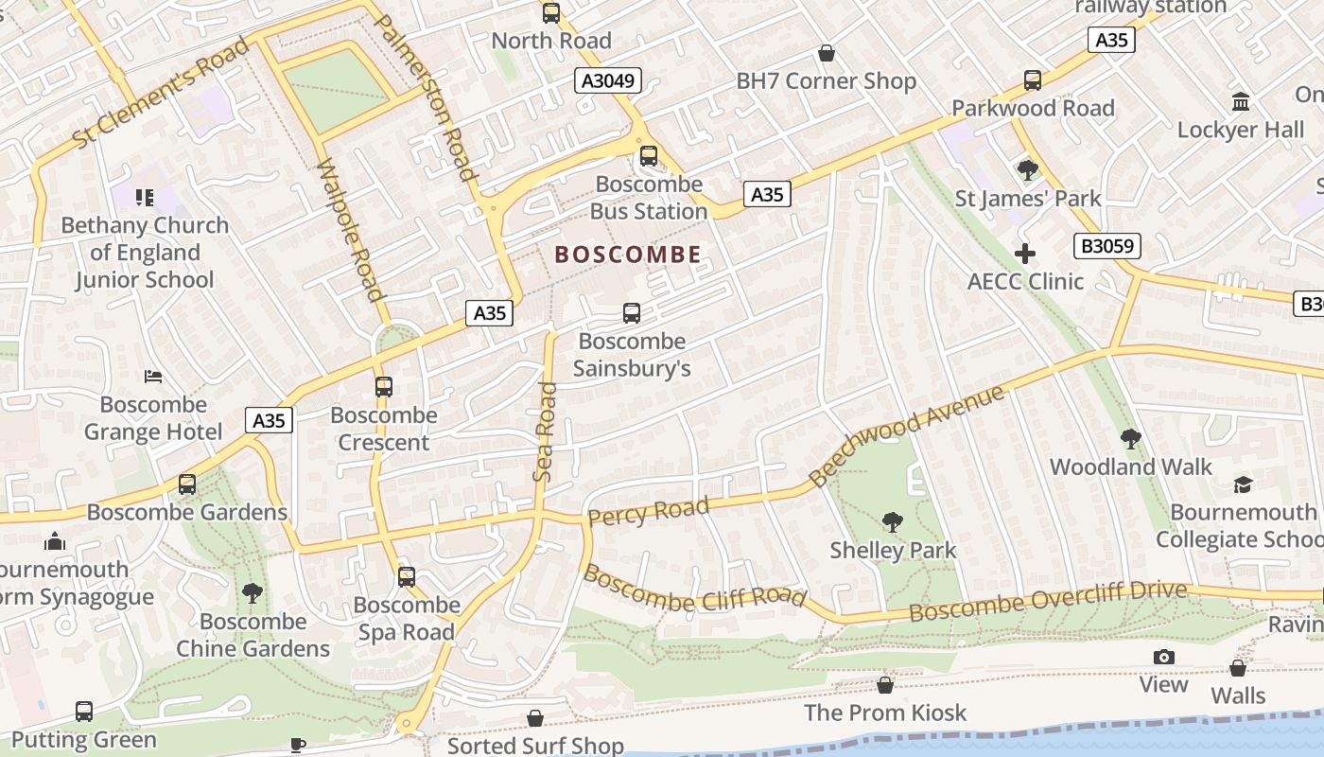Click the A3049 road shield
pos(608,81)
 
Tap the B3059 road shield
pos(1107,247)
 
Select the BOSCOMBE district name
pos(628,255)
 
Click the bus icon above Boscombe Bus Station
pos(648,155)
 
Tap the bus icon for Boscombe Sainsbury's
pos(632,312)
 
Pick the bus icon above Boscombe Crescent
pos(383,386)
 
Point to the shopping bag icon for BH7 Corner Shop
pos(826,53)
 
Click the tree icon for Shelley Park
pos(892,521)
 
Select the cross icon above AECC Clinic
pos(1025,253)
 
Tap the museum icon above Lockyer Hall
pos(1240,101)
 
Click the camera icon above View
pos(1163,657)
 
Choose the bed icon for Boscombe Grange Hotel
pos(153,377)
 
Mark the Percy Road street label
pos(648,512)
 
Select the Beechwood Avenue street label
pos(907,435)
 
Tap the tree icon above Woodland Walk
pos(1130,438)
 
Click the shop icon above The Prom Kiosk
pos(885,684)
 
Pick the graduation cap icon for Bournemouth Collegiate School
pos(1243,484)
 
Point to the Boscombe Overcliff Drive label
pos(1047,602)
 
